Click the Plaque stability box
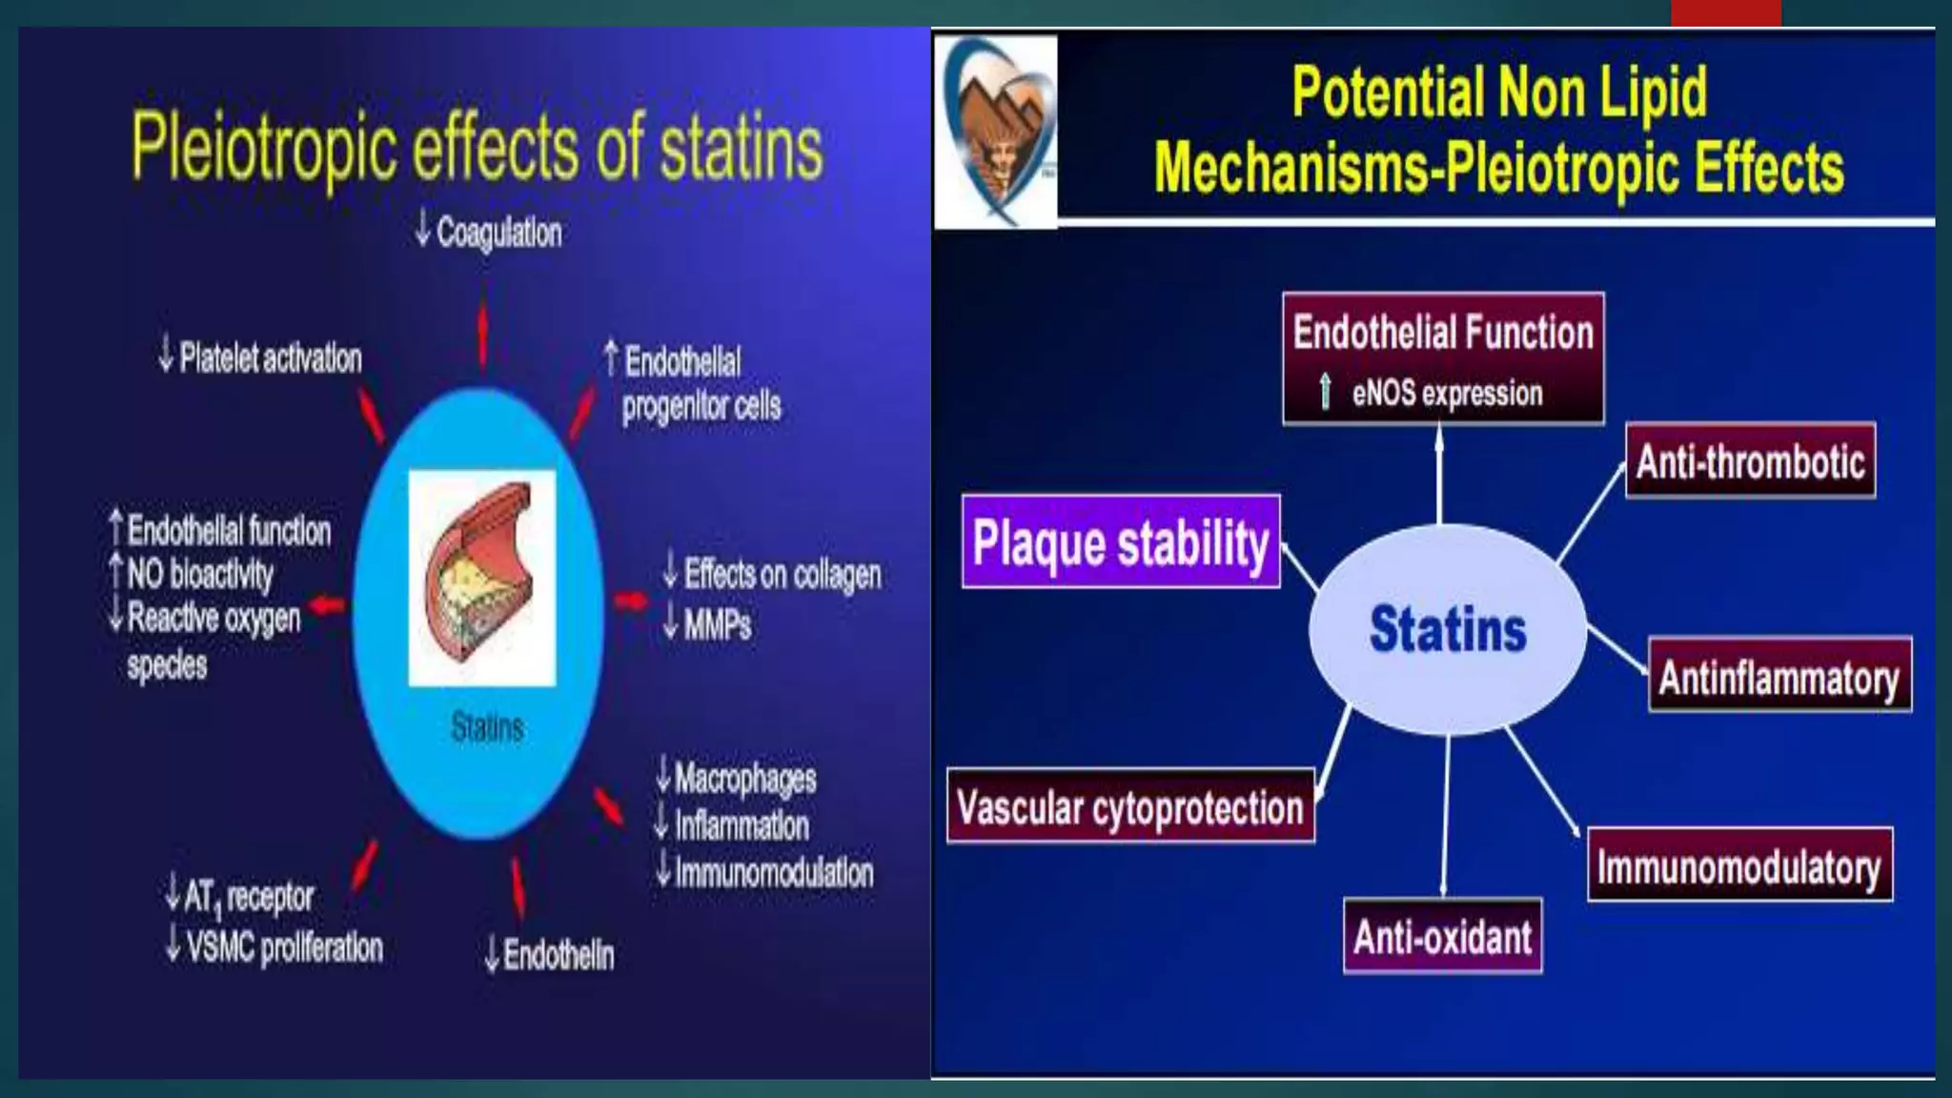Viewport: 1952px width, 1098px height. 1120,541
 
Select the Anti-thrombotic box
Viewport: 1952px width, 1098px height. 1750,461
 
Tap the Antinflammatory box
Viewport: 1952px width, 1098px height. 1779,677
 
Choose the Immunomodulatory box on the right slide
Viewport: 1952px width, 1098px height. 1738,865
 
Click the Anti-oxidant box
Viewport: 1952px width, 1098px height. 1442,936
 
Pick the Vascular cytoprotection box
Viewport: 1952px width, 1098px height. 1129,806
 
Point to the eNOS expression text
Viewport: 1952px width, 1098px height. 1446,393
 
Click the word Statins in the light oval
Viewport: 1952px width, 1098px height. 1447,629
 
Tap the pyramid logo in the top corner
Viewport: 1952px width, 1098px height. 996,132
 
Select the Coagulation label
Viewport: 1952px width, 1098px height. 498,232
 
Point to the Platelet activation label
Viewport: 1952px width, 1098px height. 270,357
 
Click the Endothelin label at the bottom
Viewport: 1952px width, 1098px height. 558,954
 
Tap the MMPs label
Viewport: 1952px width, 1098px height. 717,624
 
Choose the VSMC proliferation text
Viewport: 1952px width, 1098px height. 283,946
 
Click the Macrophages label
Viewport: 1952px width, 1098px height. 744,778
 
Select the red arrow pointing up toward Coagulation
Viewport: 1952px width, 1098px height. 483,335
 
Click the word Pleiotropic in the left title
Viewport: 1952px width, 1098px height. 263,147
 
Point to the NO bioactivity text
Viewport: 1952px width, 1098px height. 199,573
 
